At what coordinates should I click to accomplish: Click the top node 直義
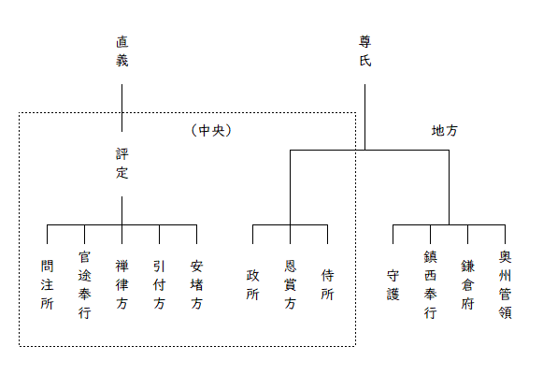click(121, 51)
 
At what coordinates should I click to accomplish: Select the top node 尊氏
click(365, 51)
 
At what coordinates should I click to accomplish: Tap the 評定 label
click(121, 164)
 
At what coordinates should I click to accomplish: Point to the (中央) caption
click(211, 131)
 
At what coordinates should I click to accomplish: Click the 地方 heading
click(445, 131)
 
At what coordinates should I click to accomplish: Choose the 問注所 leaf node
click(47, 285)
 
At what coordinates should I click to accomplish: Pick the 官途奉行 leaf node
click(84, 285)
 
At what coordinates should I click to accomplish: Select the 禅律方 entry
click(121, 285)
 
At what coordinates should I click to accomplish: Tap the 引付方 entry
click(159, 285)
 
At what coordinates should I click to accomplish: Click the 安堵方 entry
click(196, 285)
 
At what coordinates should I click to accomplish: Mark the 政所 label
click(252, 285)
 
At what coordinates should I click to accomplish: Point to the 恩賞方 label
click(291, 285)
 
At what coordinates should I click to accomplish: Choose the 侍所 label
click(328, 285)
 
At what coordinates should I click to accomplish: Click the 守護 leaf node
click(393, 285)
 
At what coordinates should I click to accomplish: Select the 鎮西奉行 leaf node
click(431, 285)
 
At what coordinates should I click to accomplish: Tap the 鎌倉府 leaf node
click(468, 285)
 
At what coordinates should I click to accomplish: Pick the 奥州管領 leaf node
click(506, 285)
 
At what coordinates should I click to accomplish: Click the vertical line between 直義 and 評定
click(121, 108)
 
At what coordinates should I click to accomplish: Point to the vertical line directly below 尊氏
click(365, 117)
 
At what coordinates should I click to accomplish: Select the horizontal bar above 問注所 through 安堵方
click(121, 225)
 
